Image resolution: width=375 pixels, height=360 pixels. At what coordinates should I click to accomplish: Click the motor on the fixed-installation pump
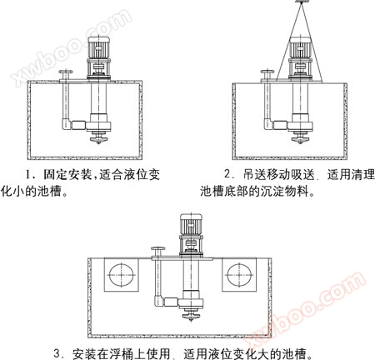click(x=98, y=47)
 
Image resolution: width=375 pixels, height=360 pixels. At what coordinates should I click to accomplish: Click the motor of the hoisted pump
click(x=300, y=47)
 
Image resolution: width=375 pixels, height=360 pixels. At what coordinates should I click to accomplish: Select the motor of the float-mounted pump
click(x=191, y=224)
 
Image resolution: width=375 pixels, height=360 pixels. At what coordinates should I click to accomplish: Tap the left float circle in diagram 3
click(x=122, y=275)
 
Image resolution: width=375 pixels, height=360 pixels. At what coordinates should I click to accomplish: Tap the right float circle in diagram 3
click(x=239, y=275)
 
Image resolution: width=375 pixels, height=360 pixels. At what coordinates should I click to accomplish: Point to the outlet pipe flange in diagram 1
click(x=66, y=72)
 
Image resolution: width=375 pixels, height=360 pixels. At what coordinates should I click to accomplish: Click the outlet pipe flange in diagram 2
click(x=267, y=72)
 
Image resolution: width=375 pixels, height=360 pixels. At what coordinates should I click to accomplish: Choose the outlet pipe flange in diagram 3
click(x=157, y=248)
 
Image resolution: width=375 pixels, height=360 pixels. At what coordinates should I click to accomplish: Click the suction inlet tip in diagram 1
click(x=99, y=143)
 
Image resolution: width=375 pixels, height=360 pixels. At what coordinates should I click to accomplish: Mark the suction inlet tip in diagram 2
click(x=300, y=143)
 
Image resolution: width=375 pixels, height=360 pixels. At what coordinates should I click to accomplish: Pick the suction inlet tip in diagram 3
click(x=191, y=320)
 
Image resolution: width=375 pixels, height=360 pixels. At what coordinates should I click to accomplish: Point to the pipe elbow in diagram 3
click(x=158, y=302)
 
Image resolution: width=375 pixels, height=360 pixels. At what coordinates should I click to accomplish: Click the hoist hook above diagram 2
click(x=301, y=1)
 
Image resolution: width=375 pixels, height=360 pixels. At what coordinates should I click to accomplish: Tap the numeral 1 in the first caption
click(x=28, y=175)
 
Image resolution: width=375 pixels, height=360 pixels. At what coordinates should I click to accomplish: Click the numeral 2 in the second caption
click(x=227, y=174)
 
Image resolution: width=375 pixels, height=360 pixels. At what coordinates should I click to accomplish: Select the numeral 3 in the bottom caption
click(x=57, y=353)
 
